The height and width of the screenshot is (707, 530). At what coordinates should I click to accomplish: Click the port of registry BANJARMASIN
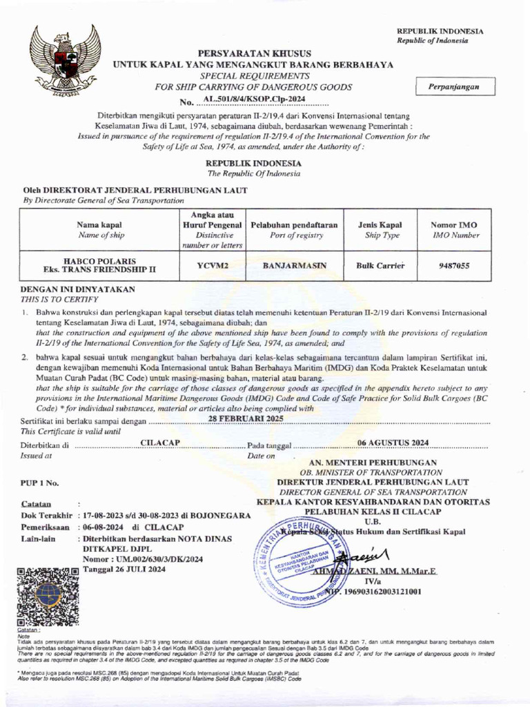294,265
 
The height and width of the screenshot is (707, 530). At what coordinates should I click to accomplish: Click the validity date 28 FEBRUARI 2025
246,419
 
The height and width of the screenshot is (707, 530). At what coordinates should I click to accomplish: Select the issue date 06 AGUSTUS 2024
393,442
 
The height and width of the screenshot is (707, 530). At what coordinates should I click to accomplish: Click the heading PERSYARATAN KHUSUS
255,53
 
